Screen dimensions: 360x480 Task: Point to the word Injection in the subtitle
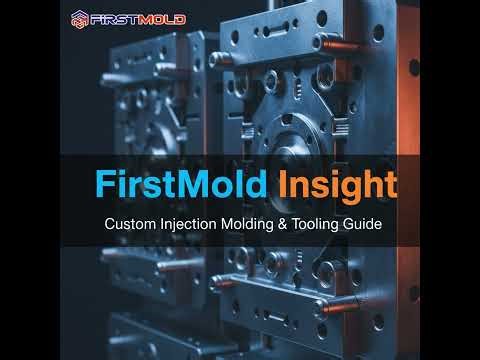click(x=189, y=225)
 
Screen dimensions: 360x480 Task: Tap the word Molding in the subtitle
click(x=250, y=225)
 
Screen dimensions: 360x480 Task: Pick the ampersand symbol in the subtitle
click(x=288, y=225)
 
